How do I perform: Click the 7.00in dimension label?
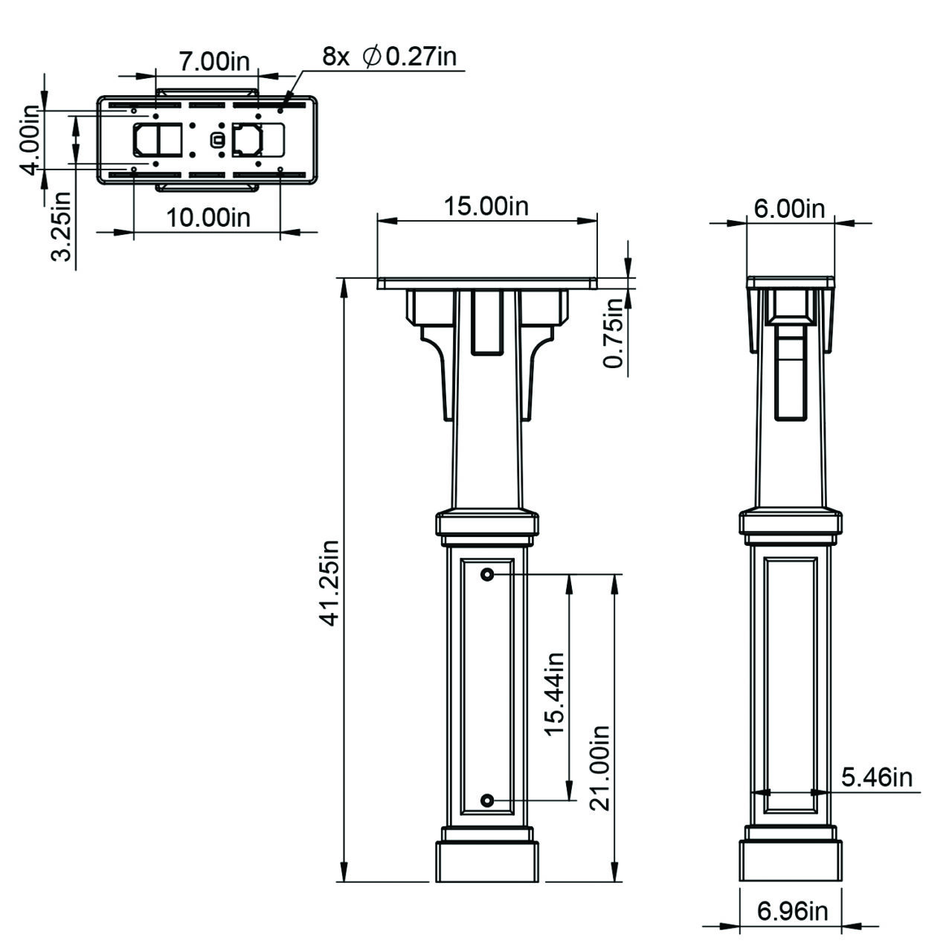click(x=214, y=62)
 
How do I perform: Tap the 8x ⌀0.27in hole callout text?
click(x=389, y=57)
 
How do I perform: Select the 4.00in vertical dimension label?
click(x=29, y=140)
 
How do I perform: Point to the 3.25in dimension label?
click(x=62, y=226)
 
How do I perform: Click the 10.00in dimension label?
click(x=208, y=218)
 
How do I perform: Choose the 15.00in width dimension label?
click(x=486, y=206)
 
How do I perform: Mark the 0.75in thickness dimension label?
click(x=614, y=333)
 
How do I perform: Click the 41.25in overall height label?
click(x=329, y=583)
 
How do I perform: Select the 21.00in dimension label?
click(x=599, y=769)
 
